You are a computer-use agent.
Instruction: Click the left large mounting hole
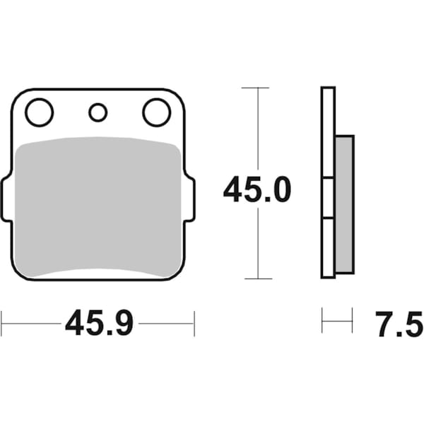[x=39, y=112]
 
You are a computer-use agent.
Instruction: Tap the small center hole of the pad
[x=98, y=112]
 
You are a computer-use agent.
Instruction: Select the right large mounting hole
[x=156, y=112]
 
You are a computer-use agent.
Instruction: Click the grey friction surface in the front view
[x=98, y=205]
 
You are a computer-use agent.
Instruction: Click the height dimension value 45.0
[x=257, y=190]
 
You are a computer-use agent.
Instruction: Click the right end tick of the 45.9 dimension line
[x=194, y=324]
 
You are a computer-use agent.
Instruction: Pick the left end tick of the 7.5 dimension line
[x=322, y=320]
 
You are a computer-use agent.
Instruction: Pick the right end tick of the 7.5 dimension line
[x=352, y=320]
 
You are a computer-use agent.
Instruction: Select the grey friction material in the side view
[x=343, y=205]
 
